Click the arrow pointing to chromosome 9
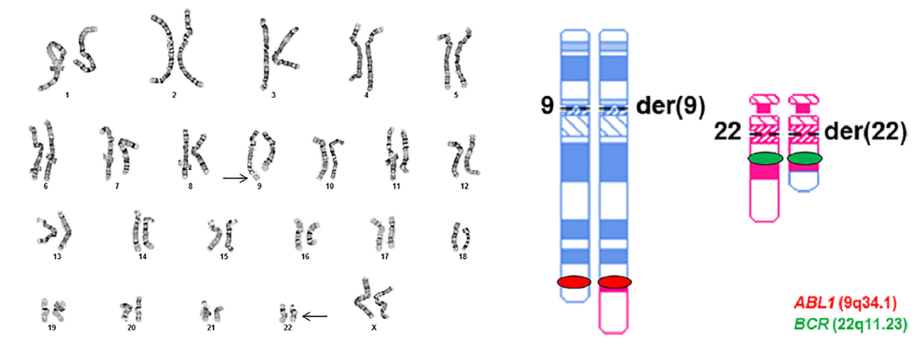coord(236,178)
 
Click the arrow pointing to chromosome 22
coord(315,316)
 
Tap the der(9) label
coord(671,106)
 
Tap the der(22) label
coord(865,132)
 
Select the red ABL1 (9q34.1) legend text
coord(845,303)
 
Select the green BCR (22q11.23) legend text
coord(850,324)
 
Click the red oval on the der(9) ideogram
coord(614,282)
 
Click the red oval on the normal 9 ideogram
coord(574,282)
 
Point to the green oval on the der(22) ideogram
coord(805,158)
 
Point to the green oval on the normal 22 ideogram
coord(765,158)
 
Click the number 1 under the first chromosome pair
coord(67,95)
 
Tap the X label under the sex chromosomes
coord(374,328)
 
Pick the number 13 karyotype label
coord(57,256)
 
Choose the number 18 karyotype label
coord(463,256)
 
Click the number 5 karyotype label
coord(456,95)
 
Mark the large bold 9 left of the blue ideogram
coord(547,106)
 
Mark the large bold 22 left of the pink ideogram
coord(728,132)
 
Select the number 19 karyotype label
coord(51,328)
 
